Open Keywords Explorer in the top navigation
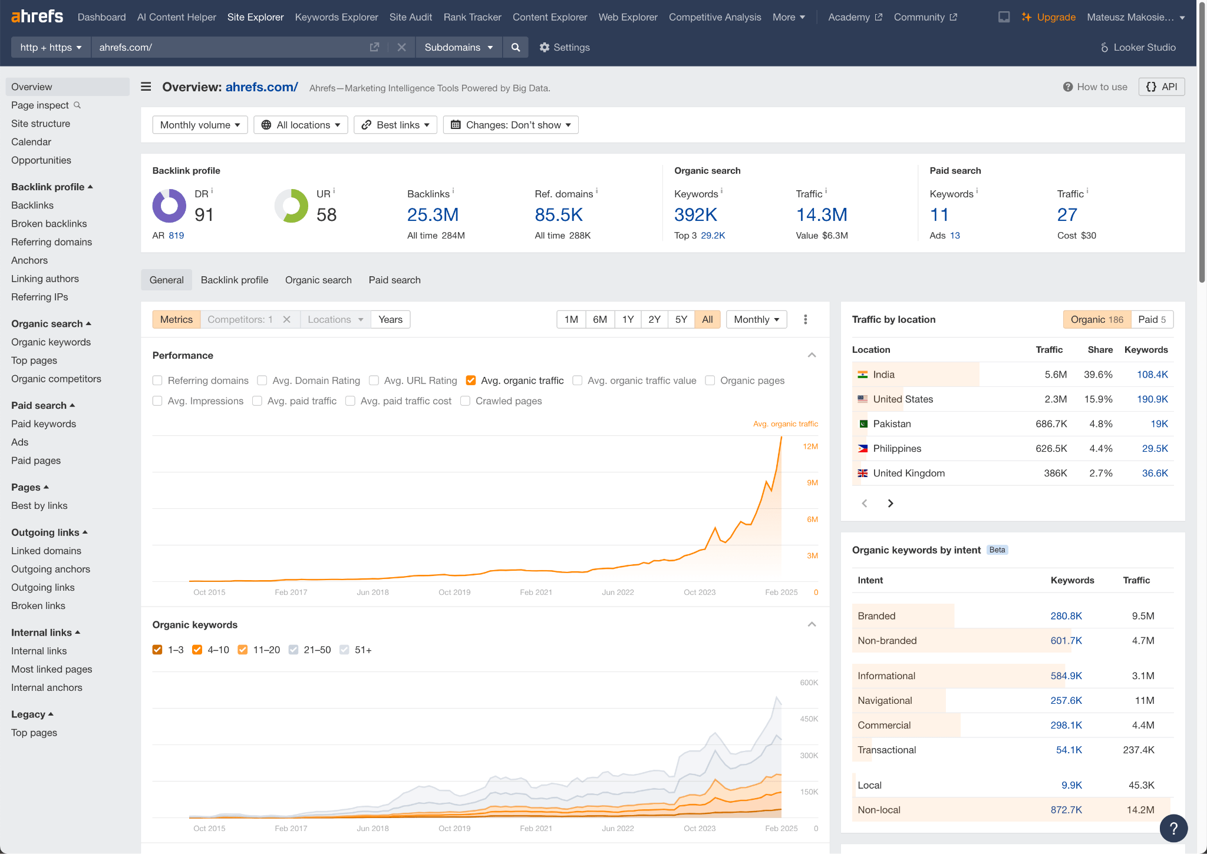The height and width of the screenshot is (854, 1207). coord(336,17)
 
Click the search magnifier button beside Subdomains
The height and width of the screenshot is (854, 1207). coord(516,47)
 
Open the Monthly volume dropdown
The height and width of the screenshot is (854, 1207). coord(200,125)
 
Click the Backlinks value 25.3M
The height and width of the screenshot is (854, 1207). coord(433,215)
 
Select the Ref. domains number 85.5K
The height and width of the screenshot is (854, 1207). coord(558,215)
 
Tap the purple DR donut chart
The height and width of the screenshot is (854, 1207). coord(169,206)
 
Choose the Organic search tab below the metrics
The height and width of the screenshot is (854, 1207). coord(318,280)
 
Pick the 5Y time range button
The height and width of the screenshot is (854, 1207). coord(681,319)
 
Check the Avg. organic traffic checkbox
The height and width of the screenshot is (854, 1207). coord(471,380)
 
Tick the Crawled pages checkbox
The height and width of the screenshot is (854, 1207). coord(465,401)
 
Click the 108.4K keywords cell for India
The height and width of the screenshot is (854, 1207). coord(1152,375)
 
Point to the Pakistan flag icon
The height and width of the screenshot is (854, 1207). coord(863,424)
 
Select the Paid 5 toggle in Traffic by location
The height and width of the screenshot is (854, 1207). coord(1152,319)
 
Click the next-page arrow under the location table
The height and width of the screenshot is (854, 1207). coord(891,503)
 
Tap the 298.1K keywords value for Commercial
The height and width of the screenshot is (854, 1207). coord(1066,725)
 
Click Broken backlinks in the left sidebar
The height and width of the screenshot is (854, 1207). coord(49,224)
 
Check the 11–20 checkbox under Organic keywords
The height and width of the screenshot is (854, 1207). coord(242,650)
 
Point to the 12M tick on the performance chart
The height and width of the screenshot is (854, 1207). coord(810,446)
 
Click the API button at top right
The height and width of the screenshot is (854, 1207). coord(1162,87)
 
